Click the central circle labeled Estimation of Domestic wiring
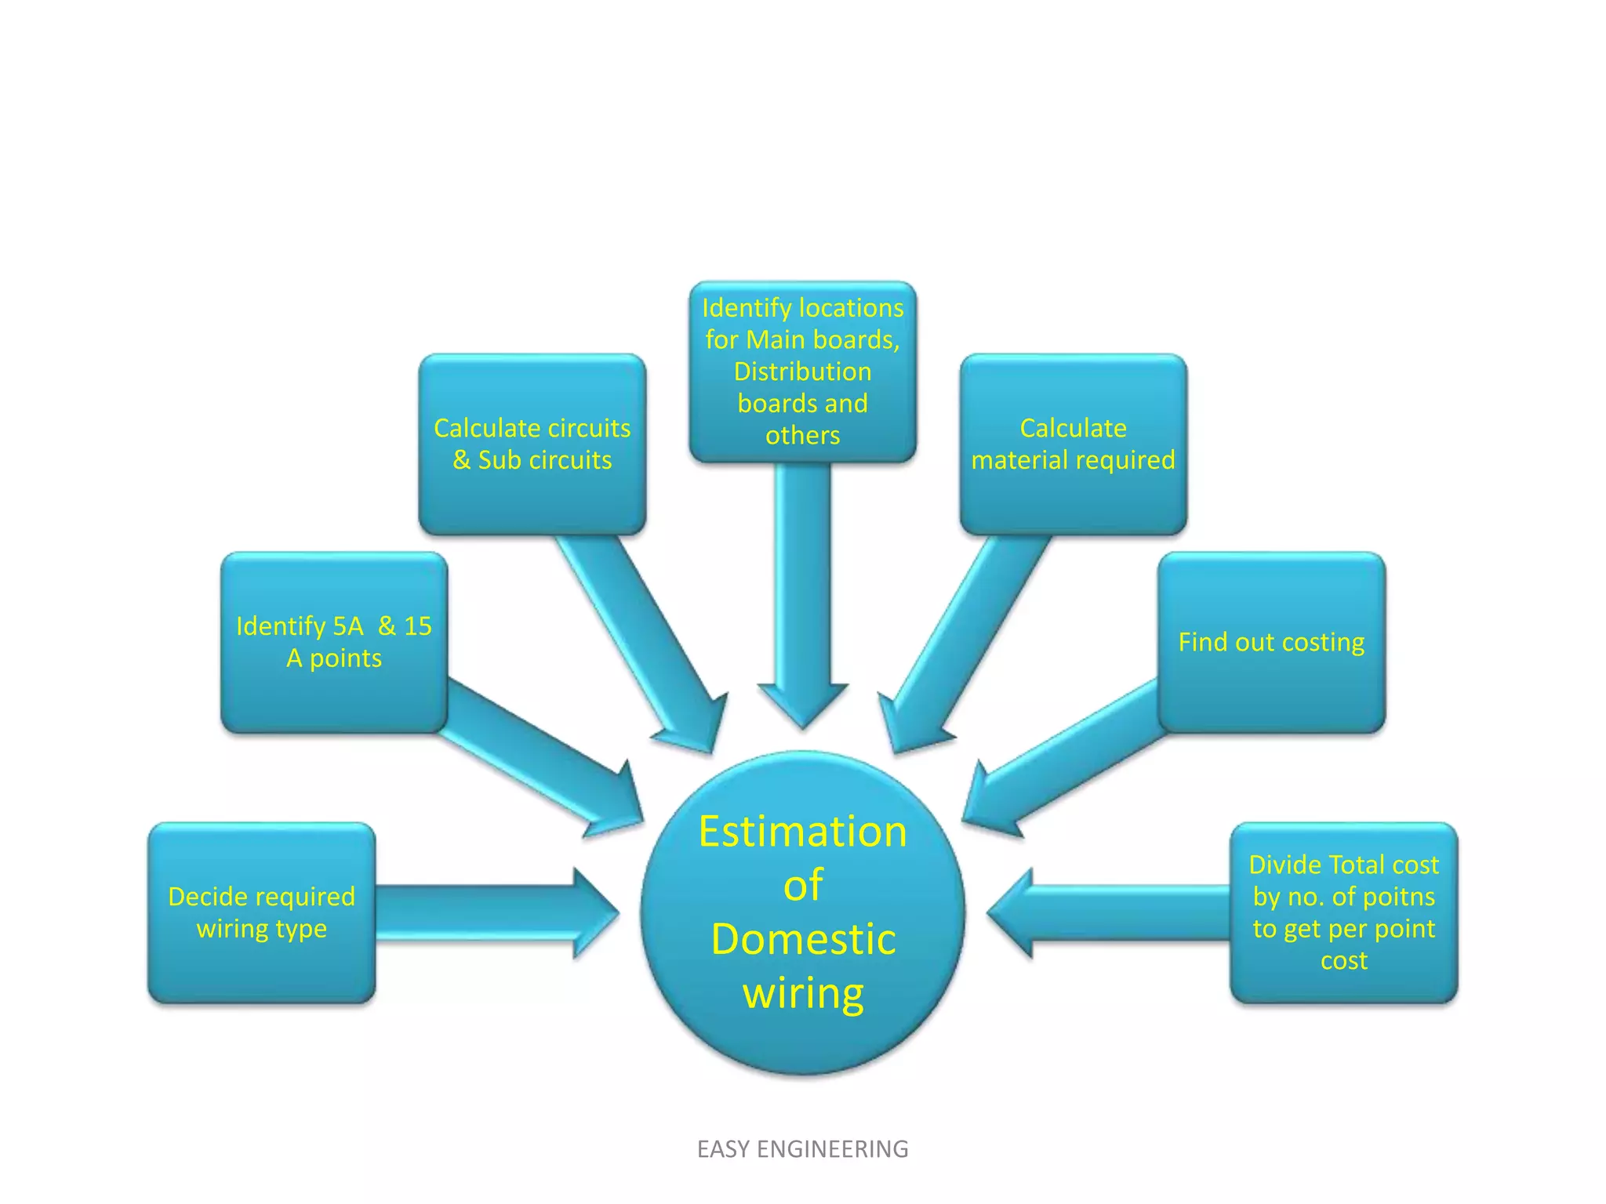pos(802,913)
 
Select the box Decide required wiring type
pos(261,912)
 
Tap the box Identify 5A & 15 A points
pos(334,642)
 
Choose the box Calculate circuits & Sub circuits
pos(532,444)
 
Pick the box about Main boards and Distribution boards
pos(802,372)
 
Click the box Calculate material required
pos(1073,444)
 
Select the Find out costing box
pos(1271,642)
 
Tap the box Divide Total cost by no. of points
pos(1343,912)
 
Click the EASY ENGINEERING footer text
pos(802,1149)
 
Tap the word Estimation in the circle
pos(802,832)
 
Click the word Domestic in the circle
pos(802,939)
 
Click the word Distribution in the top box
pos(802,372)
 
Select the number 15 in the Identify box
pos(417,626)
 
